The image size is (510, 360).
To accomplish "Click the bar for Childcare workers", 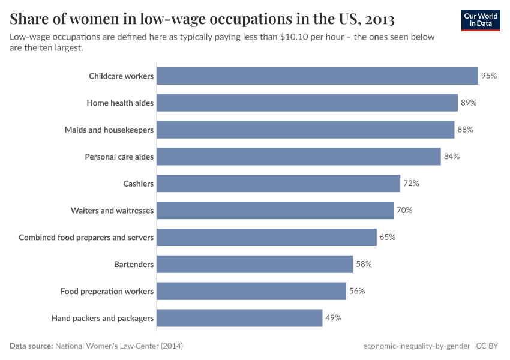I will click(x=317, y=76).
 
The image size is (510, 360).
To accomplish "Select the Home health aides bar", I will click(x=307, y=103).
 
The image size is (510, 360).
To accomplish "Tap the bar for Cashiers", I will click(x=278, y=184).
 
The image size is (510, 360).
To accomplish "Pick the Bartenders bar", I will click(x=254, y=264).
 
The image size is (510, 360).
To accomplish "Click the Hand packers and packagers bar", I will click(x=239, y=318).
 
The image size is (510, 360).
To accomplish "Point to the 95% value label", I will click(x=489, y=76).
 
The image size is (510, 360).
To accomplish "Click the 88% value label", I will click(x=466, y=130).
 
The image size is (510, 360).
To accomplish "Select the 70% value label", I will click(x=404, y=211).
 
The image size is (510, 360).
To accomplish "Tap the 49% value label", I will click(x=333, y=318).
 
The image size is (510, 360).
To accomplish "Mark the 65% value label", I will click(x=387, y=237).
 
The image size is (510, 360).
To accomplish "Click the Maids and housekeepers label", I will click(x=109, y=130).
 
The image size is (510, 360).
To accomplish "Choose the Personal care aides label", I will click(x=119, y=157).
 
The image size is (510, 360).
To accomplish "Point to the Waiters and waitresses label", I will click(x=112, y=211).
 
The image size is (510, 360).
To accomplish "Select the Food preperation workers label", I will click(x=107, y=291).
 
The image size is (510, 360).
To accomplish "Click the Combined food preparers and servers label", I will click(x=86, y=237).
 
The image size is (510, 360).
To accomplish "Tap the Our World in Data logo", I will click(x=481, y=20).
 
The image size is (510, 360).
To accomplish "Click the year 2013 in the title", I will click(x=379, y=19).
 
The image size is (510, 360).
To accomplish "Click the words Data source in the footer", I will click(x=31, y=346).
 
